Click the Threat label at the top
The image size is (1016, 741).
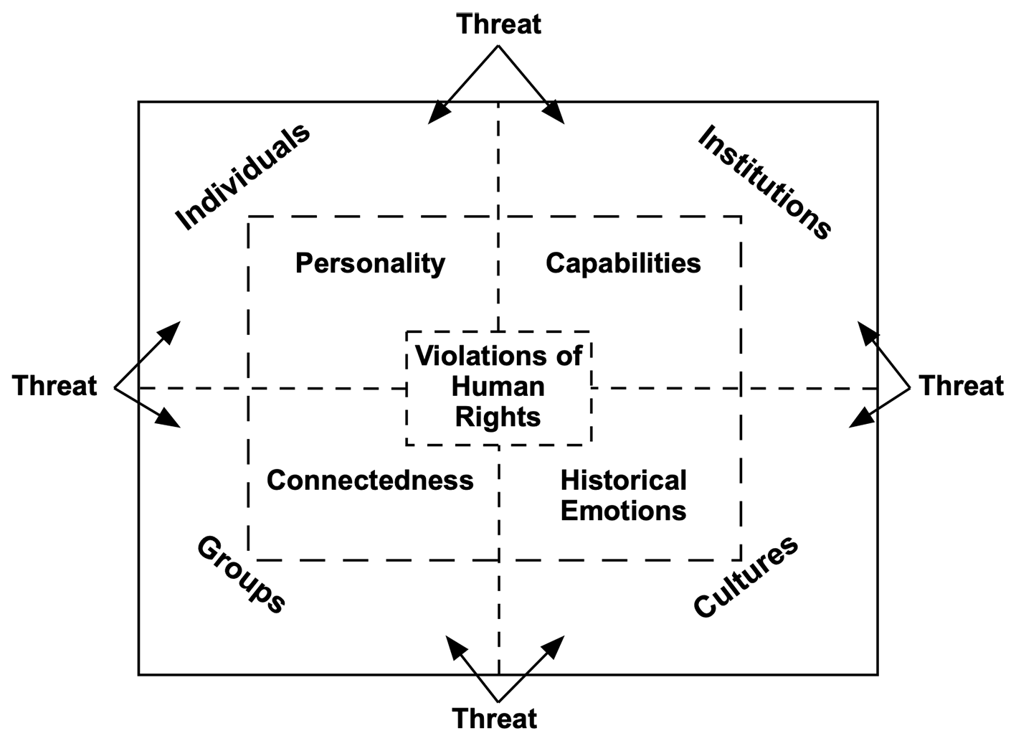coord(498,24)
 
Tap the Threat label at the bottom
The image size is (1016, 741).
coord(495,719)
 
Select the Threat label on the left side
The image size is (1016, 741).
coord(54,386)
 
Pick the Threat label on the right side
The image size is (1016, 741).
coord(961,386)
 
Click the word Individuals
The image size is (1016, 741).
coord(242,177)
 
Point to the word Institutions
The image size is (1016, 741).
coord(765,181)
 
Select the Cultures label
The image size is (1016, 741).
coord(746,577)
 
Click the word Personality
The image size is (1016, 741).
coord(370,264)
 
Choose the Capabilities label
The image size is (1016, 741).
coord(623,263)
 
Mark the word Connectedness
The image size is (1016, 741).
coord(370,480)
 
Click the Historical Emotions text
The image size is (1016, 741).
coord(624,496)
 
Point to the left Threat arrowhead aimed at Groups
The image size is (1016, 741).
coord(168,418)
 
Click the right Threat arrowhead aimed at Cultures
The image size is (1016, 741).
coord(860,418)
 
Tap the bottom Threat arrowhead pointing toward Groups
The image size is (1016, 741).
coord(456,647)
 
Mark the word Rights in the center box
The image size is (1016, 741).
coord(498,417)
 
